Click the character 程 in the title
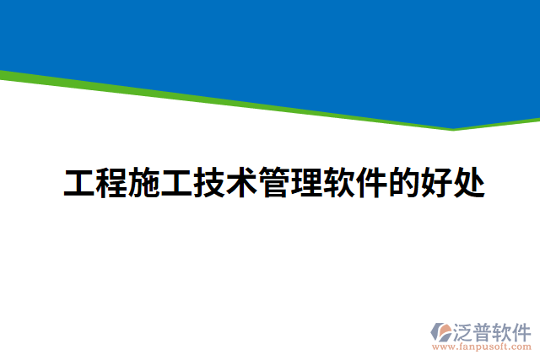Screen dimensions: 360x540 (x=112, y=183)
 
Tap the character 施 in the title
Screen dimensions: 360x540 (x=144, y=183)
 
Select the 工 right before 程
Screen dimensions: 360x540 (x=79, y=183)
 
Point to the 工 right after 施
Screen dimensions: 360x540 (x=177, y=183)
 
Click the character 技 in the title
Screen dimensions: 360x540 (x=209, y=183)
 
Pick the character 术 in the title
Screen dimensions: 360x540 (x=242, y=183)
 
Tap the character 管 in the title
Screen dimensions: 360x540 (x=274, y=183)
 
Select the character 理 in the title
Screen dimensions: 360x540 (x=307, y=183)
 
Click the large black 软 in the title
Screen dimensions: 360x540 (x=339, y=183)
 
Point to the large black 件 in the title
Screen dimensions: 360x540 (x=372, y=183)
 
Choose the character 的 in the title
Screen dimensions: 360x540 (x=404, y=183)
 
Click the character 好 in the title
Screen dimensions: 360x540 (x=437, y=183)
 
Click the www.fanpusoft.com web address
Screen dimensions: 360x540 (x=482, y=347)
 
